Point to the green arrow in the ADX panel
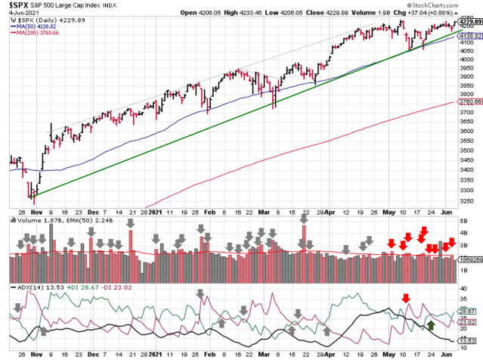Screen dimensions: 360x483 coord(431,326)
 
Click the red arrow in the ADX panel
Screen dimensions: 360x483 coord(406,298)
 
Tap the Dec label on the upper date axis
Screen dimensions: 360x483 coord(94,213)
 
